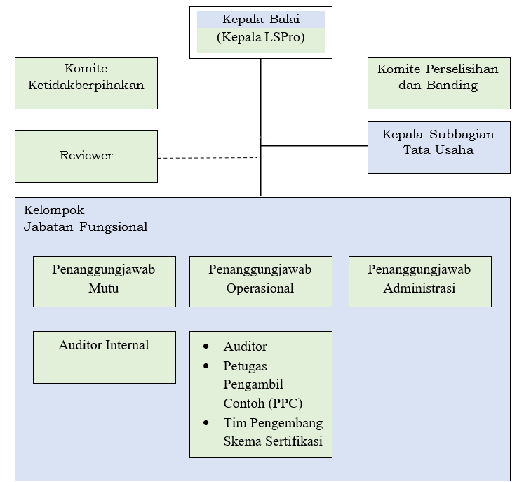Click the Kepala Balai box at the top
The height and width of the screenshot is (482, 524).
260,20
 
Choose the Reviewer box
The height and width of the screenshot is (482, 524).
86,156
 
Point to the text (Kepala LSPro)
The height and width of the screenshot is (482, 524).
261,38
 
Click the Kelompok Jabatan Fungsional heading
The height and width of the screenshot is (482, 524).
85,218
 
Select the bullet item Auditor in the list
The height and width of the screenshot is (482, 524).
245,347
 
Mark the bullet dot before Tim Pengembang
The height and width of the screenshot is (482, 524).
206,423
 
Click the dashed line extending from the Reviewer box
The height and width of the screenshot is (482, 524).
207,158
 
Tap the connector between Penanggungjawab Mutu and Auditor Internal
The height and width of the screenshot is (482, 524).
98,319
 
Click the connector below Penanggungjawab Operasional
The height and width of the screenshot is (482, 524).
260,319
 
